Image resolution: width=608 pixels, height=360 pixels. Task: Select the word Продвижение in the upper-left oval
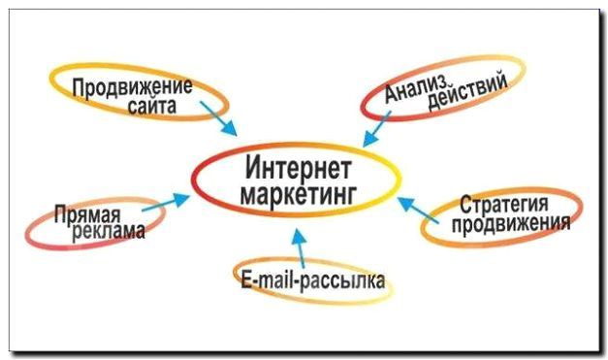click(133, 85)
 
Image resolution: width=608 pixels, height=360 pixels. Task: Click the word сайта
click(152, 107)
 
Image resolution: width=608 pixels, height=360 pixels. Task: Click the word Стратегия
click(504, 207)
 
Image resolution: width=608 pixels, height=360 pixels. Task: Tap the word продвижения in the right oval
click(509, 226)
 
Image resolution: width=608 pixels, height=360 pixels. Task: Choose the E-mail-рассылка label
click(313, 282)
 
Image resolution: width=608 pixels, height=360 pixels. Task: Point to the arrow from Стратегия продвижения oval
click(415, 208)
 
